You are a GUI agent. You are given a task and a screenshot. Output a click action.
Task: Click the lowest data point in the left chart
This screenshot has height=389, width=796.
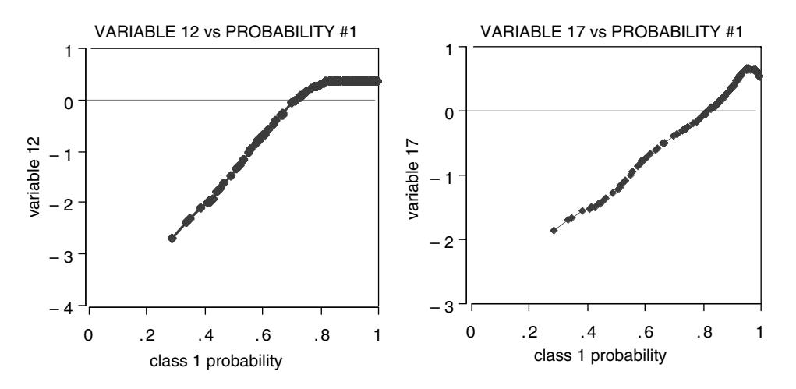click(x=172, y=238)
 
